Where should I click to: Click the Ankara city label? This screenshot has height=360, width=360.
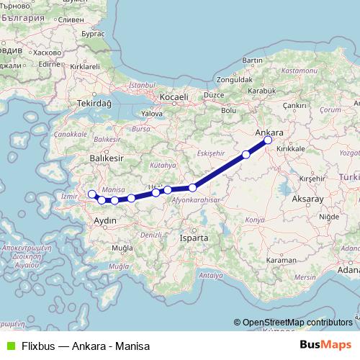269,132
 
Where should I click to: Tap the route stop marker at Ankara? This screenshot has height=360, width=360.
268,141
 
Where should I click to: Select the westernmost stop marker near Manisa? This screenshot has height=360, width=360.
91,194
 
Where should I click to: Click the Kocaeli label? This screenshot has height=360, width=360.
174,97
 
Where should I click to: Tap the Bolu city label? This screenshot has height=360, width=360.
228,110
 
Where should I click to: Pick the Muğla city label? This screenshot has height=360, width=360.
116,248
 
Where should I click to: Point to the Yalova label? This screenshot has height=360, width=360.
152,114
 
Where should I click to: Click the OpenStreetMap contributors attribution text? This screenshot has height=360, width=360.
297,323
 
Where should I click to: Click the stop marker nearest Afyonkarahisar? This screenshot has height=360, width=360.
192,188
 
